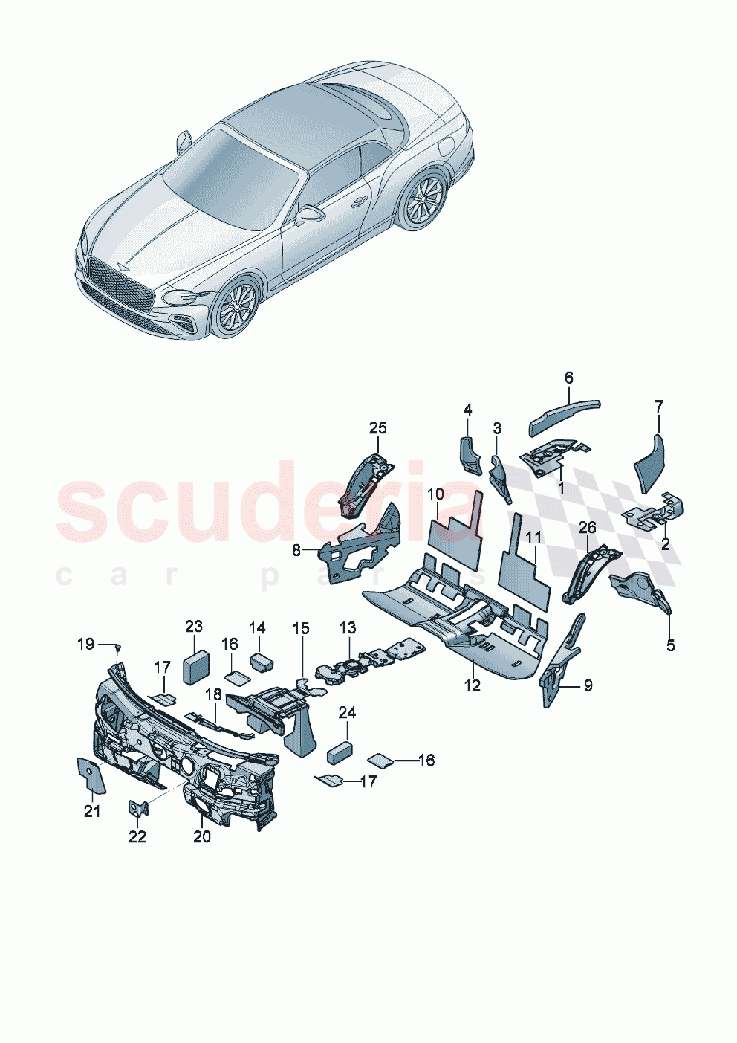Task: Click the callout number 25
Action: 378,427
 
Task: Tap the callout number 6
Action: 569,378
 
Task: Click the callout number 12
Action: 473,685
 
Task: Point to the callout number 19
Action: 86,643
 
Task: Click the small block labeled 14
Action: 260,662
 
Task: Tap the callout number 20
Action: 201,836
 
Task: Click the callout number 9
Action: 588,685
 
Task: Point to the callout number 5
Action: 670,645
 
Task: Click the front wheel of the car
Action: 237,307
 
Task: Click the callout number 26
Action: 587,529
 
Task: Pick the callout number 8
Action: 296,550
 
